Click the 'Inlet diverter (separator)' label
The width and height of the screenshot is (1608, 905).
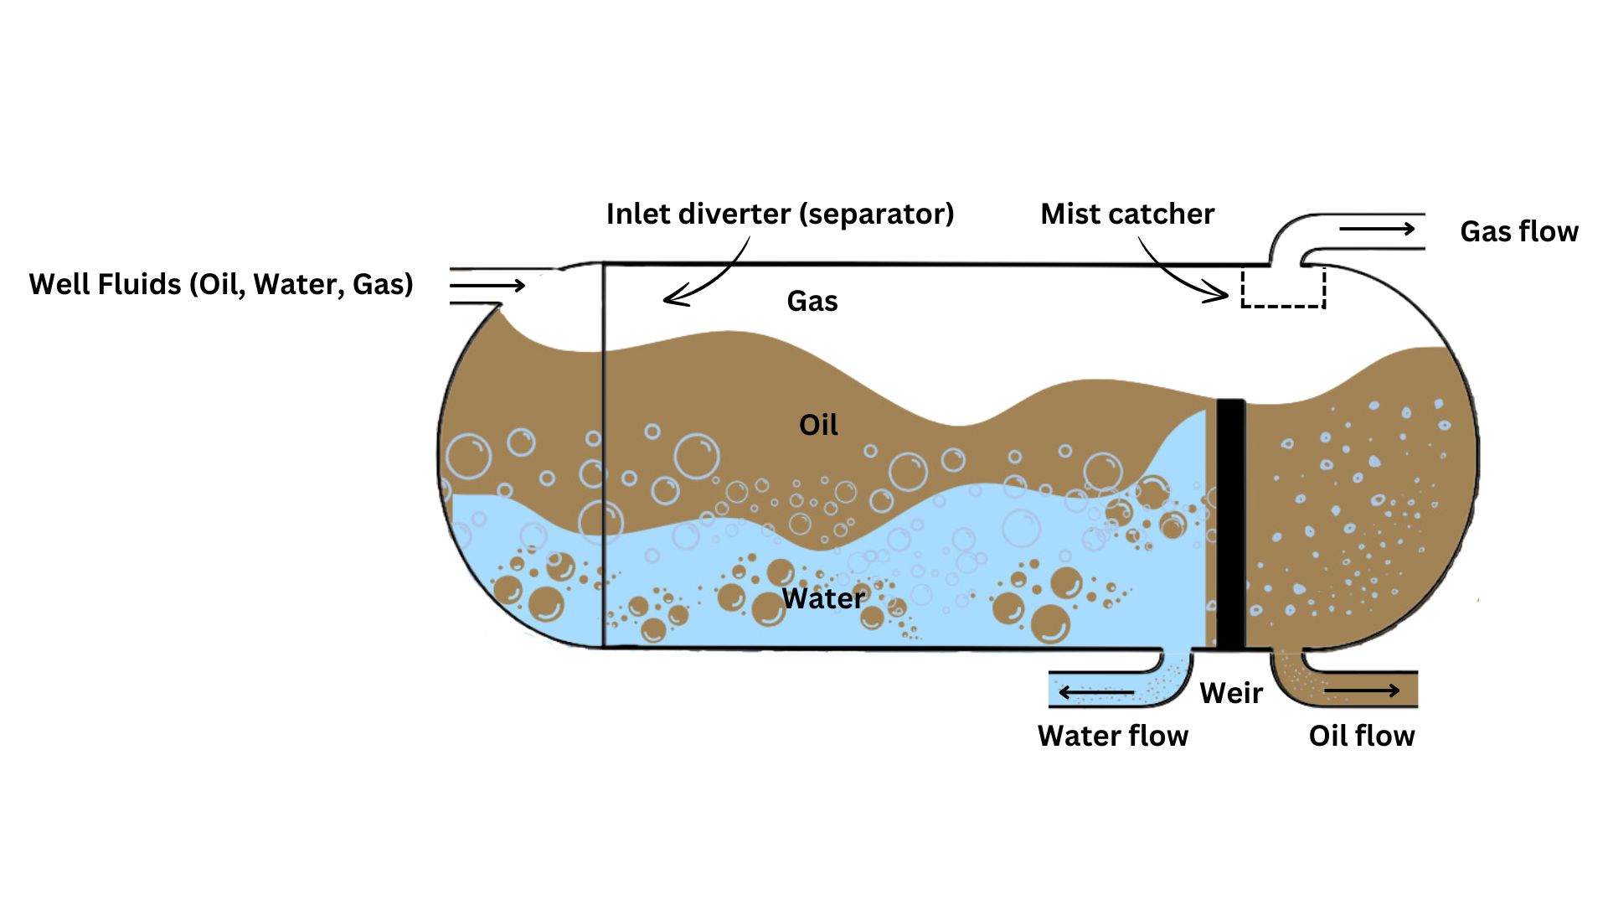pos(779,215)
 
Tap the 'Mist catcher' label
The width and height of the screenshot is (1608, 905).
pos(1126,215)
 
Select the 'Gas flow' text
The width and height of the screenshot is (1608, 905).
pos(1518,232)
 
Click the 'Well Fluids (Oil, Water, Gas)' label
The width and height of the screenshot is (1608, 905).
pos(221,285)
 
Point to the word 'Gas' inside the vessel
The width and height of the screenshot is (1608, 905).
pos(812,302)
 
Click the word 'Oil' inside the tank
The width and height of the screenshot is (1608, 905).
pos(818,426)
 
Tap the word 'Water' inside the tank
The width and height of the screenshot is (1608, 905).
pos(822,599)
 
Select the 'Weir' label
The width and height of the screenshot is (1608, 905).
pos(1230,694)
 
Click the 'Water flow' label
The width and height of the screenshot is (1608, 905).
pos(1112,737)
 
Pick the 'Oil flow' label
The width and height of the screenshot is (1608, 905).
pos(1361,737)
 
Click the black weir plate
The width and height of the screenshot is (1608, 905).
pos(1229,524)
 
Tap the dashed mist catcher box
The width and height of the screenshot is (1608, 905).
pos(1282,287)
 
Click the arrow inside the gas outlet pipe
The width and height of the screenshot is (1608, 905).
pos(1376,229)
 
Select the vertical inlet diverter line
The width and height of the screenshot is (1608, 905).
pos(603,452)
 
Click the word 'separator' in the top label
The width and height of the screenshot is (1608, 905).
pos(876,215)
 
